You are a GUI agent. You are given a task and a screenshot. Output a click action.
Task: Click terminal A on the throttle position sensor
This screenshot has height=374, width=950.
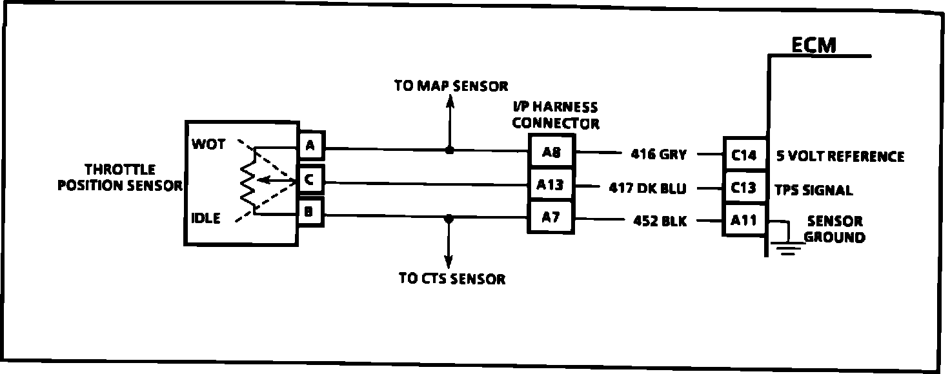pos(310,146)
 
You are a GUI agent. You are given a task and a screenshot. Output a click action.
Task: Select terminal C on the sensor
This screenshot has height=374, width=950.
pos(309,180)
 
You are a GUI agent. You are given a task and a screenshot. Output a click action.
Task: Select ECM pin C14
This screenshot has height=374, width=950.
pos(744,156)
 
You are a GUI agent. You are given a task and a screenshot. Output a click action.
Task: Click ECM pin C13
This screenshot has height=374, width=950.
pos(744,188)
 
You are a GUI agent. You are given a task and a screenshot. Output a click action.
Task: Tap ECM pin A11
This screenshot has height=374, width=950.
pos(744,221)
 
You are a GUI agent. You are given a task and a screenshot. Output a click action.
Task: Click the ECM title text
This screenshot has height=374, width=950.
pos(813,45)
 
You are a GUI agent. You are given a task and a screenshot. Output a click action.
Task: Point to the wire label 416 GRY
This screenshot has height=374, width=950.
pos(658,154)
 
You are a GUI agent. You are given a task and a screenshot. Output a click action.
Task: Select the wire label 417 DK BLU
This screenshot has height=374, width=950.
pos(647,188)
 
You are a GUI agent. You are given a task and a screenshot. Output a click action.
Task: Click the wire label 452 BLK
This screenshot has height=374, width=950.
pos(660,221)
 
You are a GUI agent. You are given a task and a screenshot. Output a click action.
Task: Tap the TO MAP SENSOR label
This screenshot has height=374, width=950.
pos(451,86)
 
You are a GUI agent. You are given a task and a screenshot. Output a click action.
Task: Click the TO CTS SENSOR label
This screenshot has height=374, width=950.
pos(452,279)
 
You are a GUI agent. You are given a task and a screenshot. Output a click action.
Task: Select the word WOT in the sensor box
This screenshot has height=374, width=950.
pos(208,144)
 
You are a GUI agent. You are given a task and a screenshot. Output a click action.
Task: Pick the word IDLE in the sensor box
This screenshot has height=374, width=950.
pos(206,219)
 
